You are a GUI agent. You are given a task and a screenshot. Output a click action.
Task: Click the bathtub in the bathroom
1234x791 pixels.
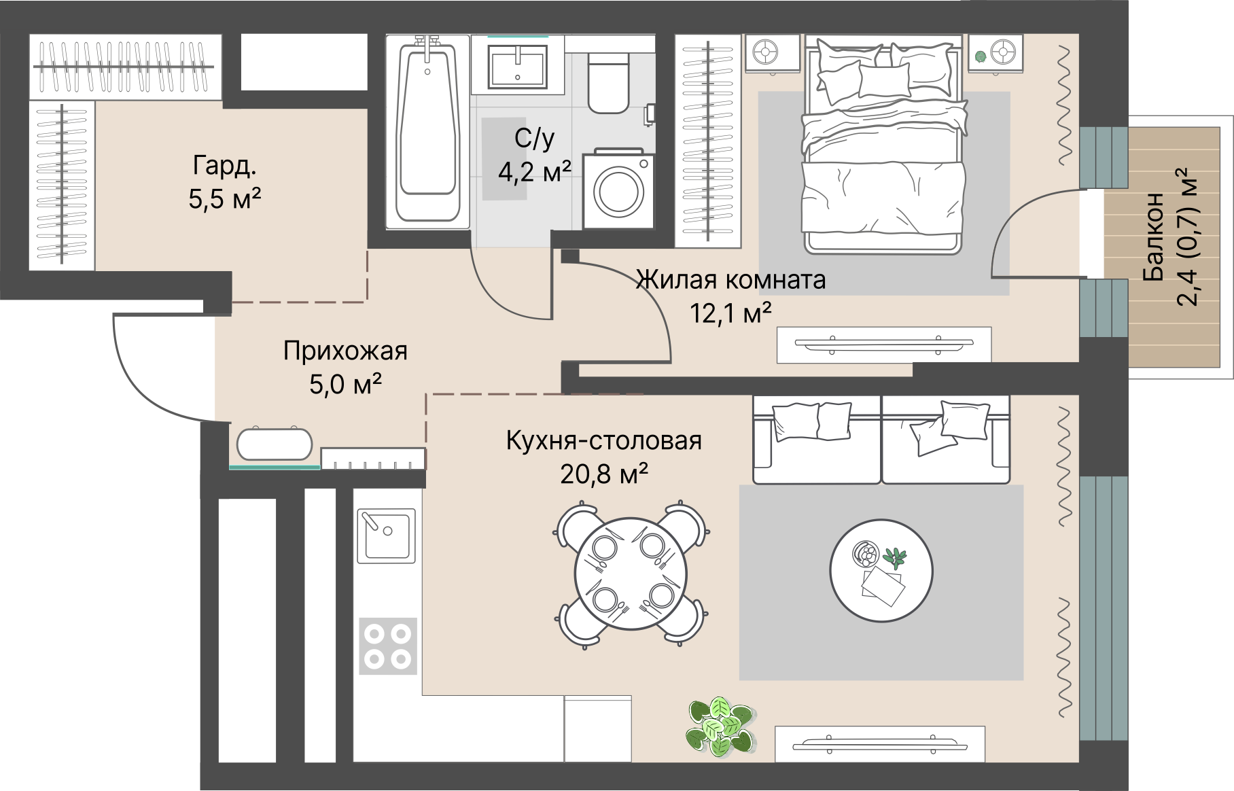coord(427,132)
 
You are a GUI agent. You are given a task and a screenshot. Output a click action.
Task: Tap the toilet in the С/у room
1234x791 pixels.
coord(609,83)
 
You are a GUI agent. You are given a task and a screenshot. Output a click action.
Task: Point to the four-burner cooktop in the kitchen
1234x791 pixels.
coord(387,646)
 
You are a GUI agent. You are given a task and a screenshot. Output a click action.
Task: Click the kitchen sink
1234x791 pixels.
coord(386,535)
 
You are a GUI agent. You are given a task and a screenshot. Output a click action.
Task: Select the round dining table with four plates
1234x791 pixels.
coord(630,574)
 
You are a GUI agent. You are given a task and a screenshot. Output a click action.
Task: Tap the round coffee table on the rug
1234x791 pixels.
coord(881,571)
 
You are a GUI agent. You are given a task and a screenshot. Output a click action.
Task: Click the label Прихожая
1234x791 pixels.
coord(345,351)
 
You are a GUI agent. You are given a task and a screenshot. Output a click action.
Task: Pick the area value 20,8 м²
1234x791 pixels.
coord(603,474)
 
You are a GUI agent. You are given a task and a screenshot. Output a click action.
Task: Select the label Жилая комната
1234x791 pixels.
coord(730,279)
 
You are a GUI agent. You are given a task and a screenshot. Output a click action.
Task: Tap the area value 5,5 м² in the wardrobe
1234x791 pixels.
coord(225,200)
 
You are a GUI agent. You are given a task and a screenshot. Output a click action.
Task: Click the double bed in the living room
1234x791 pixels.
coord(884,146)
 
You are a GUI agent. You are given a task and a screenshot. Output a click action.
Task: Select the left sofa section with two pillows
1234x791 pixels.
coord(817,440)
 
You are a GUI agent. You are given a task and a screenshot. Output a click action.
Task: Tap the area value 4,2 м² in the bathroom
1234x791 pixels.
coord(534,171)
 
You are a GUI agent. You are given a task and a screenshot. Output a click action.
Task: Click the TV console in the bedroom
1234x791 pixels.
coord(884,345)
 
